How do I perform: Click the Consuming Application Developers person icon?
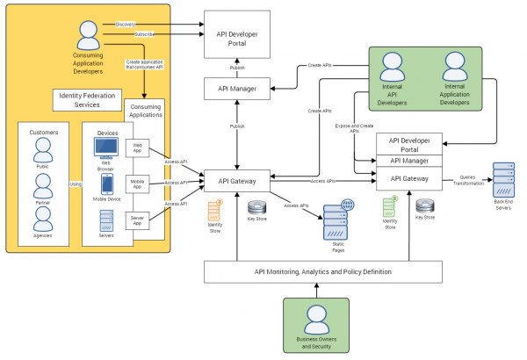(88, 35)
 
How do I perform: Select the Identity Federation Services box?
(86, 99)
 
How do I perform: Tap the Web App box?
(138, 148)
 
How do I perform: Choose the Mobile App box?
(138, 183)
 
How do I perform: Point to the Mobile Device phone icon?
(107, 184)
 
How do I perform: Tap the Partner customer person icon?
(43, 185)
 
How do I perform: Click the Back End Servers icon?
(504, 179)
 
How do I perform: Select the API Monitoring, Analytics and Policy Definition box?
(323, 272)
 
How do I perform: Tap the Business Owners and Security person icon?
(315, 318)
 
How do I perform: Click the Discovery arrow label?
(126, 24)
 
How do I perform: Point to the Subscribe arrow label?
(145, 35)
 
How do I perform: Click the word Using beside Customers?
(76, 184)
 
